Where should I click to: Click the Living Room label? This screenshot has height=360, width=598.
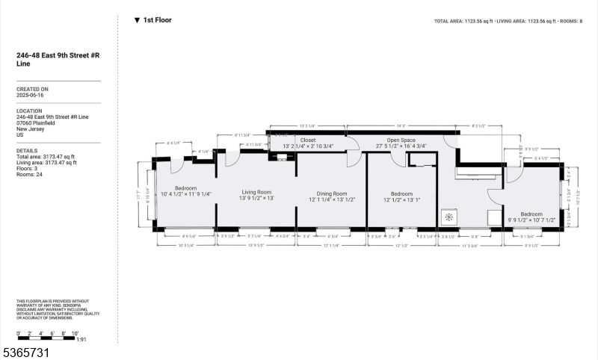coord(256,192)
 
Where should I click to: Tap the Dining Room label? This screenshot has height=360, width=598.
coord(330,193)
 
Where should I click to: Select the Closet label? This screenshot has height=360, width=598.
coord(308,140)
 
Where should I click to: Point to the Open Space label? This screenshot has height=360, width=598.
coord(395,140)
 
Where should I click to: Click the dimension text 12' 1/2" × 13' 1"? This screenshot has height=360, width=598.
coord(402,199)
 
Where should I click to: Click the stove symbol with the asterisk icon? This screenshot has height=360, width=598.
coord(449,217)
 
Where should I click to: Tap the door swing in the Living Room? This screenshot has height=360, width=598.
coord(232,158)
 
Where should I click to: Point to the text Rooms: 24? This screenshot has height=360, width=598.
coord(31,167)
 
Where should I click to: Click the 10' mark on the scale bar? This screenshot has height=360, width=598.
coord(75,334)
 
